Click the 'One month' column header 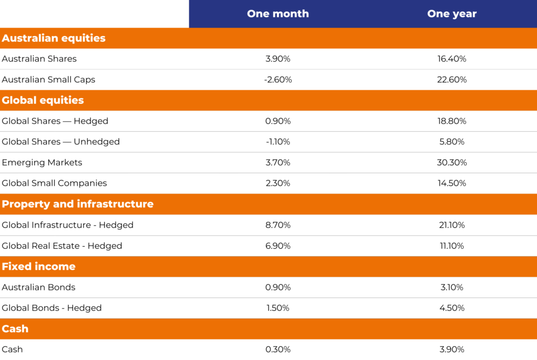coord(278,14)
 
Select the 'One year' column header coord(452,14)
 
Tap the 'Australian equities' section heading coord(53,38)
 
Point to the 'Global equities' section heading coord(43,100)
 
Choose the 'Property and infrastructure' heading coord(78,204)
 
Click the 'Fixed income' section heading coord(39,267)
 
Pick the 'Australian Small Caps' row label coord(48,80)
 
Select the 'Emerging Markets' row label coord(42,163)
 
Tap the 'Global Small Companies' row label coord(54,183)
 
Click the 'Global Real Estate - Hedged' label coord(62,246)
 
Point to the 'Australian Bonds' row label coord(39,288)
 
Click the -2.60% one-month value coord(278,80)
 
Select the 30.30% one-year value coord(452,163)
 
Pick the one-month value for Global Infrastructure coord(278,225)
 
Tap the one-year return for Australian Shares coord(452,59)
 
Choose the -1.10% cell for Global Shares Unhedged coord(278,142)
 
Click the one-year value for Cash coord(452,350)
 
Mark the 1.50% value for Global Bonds coord(278,308)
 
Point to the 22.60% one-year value coord(452,80)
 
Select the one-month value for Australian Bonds coord(278,288)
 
